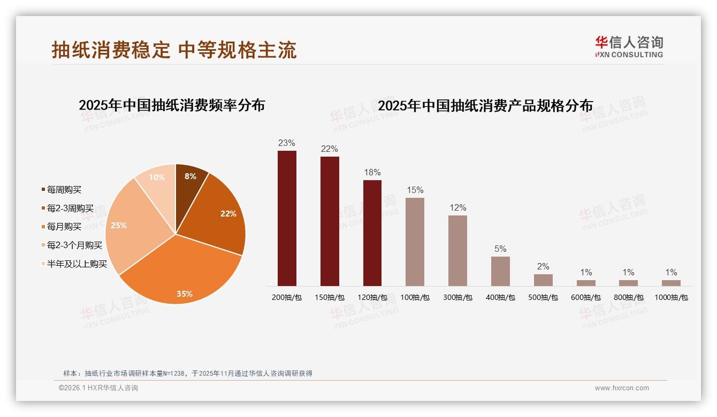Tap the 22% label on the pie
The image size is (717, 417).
pos(228,213)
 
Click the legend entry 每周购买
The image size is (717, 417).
pos(64,190)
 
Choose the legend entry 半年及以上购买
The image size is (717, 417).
pos(77,264)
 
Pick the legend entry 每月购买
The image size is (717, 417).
pos(64,227)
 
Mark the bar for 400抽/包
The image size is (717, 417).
pos(500,271)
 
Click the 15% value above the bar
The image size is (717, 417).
pos(415,190)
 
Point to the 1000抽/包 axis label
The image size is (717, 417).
pos(671,297)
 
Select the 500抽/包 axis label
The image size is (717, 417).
pos(543,297)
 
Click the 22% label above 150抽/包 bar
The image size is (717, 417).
pos(329,149)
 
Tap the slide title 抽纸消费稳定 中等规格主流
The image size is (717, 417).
pos(174,50)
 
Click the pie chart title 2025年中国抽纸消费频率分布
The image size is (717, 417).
pos(172,105)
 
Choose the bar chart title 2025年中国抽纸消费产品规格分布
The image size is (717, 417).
pos(485,105)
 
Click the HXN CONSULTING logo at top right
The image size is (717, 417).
pos(629,47)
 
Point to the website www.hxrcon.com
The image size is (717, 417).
pos(622,388)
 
